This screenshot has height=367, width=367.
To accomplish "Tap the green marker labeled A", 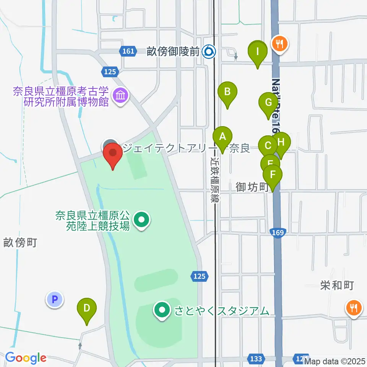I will click(x=222, y=136).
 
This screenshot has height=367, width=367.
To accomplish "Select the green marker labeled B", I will click(x=227, y=92).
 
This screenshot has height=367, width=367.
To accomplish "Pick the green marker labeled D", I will click(x=87, y=308).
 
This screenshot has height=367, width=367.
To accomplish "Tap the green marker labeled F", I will click(x=273, y=175).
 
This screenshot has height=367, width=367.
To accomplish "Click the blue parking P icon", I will click(x=54, y=299).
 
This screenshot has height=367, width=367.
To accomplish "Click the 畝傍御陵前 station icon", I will click(x=209, y=50).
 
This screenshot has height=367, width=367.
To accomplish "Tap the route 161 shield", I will click(x=129, y=51).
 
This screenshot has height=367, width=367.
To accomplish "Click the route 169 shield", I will click(x=278, y=232).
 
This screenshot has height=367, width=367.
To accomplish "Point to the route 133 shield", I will click(x=256, y=359).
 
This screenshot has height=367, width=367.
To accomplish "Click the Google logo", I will click(x=26, y=358).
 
